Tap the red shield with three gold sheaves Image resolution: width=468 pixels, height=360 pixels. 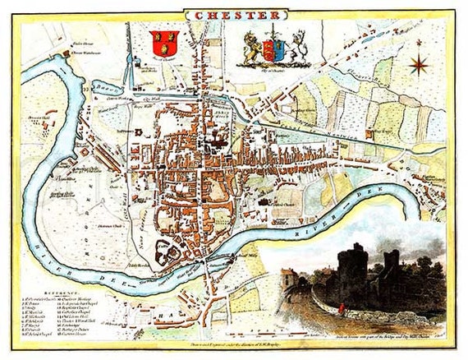point(164,40)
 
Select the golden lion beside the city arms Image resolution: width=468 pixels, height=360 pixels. point(253,49)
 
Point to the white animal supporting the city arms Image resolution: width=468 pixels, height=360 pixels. point(296,48)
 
